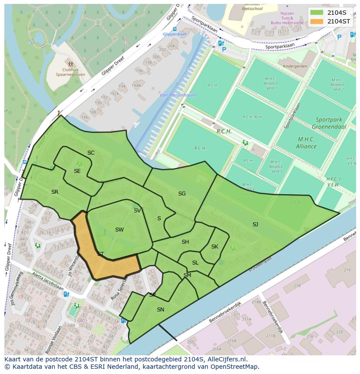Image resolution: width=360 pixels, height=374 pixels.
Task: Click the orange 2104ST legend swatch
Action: pyautogui.click(x=317, y=21)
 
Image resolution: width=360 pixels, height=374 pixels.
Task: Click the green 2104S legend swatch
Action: pyautogui.click(x=317, y=12)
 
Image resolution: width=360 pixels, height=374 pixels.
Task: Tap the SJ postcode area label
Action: pyautogui.click(x=255, y=224)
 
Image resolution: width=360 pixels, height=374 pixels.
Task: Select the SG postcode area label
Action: pyautogui.click(x=182, y=193)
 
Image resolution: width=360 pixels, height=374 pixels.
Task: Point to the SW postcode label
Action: pyautogui.click(x=119, y=229)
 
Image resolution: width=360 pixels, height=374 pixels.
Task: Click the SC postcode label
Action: pyautogui.click(x=91, y=152)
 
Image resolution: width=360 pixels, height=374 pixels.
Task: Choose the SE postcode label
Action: pyautogui.click(x=77, y=171)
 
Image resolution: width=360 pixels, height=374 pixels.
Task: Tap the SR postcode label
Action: pyautogui.click(x=54, y=192)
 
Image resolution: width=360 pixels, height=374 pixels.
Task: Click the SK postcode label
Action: pyautogui.click(x=214, y=246)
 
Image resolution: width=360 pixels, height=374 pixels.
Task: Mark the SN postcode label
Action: pyautogui.click(x=160, y=309)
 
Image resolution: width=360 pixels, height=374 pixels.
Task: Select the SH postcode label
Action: pyautogui.click(x=185, y=242)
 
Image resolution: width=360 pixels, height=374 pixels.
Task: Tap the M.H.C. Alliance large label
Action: pyautogui.click(x=307, y=142)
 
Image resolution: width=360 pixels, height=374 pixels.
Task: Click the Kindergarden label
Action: pyautogui.click(x=295, y=66)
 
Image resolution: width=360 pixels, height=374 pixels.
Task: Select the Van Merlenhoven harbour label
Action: pyautogui.click(x=177, y=95)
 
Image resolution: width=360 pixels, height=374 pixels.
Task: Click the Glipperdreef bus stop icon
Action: pyautogui.click(x=174, y=29)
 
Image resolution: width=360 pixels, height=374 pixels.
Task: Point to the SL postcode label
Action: pyautogui.click(x=195, y=262)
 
